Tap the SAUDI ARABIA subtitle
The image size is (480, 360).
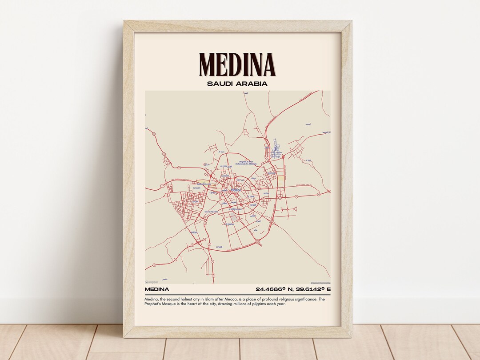coord(237,84)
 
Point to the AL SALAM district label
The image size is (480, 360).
coord(196,188)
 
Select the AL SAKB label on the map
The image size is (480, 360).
coord(219,247)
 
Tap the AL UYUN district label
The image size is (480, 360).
coord(224,166)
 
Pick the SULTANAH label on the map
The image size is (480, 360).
coord(225,176)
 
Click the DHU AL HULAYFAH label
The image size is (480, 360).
coord(211,212)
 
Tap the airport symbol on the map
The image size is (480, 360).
coord(275,149)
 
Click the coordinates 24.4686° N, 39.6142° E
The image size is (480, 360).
coord(293,290)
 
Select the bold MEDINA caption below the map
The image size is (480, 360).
coord(156,290)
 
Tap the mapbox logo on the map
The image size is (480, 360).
coord(152,282)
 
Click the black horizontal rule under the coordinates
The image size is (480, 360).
coord(237,294)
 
